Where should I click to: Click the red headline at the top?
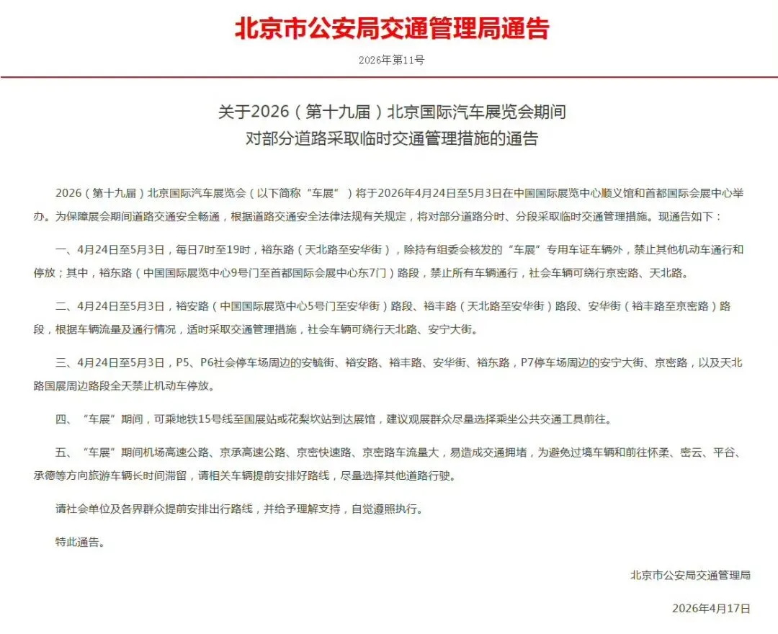[x=391, y=28]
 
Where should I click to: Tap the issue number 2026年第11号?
[x=391, y=61]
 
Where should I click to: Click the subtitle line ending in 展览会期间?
[x=392, y=112]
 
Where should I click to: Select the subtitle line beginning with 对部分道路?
[x=392, y=138]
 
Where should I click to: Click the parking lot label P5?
[x=184, y=363]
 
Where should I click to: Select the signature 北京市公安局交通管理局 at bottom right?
[x=690, y=575]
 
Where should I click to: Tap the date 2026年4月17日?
[x=711, y=608]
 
